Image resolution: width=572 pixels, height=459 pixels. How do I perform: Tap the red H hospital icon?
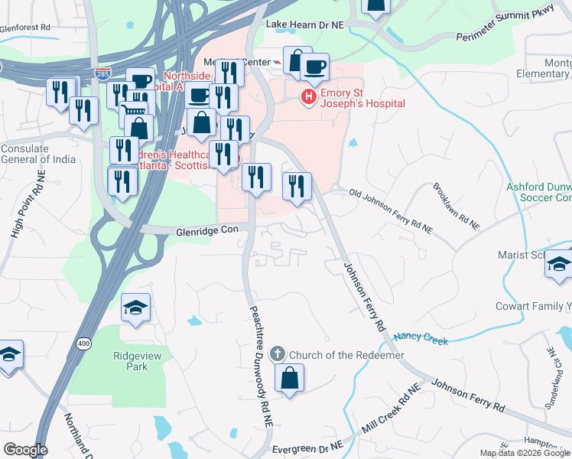[x=309, y=96]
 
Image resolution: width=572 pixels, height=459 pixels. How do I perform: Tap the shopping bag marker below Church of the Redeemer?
[x=290, y=379]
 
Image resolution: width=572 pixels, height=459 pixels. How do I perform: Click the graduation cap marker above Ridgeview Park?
[x=135, y=309]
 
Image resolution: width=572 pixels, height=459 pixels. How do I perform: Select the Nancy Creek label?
[x=420, y=338]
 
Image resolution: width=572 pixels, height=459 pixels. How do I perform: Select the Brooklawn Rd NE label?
[x=456, y=207]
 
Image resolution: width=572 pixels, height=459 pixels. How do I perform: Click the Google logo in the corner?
[x=24, y=450]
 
